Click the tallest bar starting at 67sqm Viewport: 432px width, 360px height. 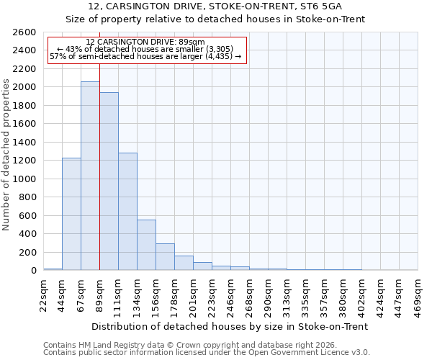[x=90, y=176]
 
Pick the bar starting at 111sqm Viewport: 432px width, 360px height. [x=127, y=212]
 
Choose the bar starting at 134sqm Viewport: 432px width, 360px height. [x=146, y=245]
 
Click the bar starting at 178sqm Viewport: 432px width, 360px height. [x=184, y=263]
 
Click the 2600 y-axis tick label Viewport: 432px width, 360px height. [x=24, y=32]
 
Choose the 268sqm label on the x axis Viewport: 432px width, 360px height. [x=249, y=294]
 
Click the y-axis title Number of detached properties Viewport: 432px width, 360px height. [x=6, y=151]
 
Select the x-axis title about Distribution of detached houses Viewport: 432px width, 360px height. [x=230, y=326]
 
